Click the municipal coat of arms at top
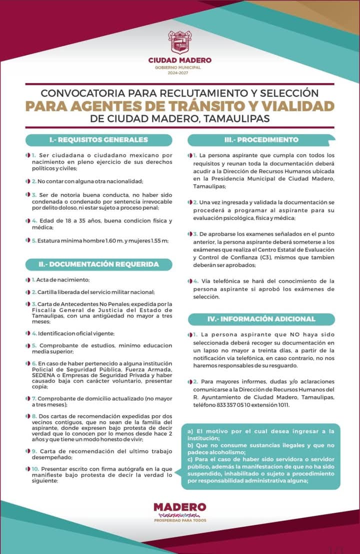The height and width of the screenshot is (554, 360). [x=179, y=42]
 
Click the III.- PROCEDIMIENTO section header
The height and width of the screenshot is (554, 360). [x=261, y=139]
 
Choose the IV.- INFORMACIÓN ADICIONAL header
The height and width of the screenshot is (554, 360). [x=261, y=318]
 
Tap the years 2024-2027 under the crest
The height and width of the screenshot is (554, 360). [x=179, y=73]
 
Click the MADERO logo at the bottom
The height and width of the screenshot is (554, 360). [x=179, y=507]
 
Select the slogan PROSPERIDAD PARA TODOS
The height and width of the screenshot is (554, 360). [x=179, y=520]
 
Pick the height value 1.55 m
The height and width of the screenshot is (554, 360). [x=157, y=240]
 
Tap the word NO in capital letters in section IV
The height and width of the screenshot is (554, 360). [x=279, y=334]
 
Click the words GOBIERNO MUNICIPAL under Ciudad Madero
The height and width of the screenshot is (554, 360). [x=179, y=67]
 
